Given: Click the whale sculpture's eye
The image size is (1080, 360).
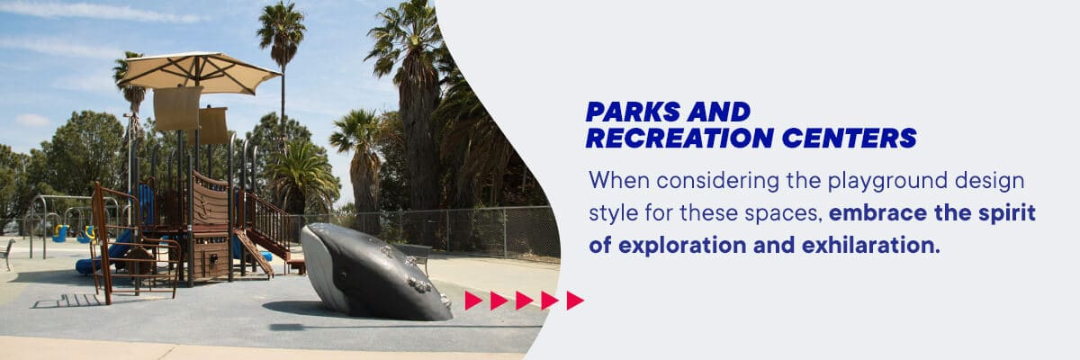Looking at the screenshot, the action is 343,275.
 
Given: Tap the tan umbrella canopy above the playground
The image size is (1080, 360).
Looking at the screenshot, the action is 199,72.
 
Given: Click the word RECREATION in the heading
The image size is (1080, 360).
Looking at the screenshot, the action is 679,138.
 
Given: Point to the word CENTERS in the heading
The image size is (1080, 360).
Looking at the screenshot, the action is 849,138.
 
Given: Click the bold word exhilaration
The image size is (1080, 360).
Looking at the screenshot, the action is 871,245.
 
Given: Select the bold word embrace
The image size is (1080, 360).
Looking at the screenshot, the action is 877,213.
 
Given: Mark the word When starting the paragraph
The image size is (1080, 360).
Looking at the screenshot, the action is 619,181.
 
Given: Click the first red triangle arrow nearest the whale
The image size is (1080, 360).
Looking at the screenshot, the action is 473,301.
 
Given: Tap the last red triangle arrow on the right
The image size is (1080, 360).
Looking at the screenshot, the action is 575,301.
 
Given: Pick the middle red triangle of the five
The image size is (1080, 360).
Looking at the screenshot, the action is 524,301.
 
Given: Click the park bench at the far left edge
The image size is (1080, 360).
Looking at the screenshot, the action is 7,253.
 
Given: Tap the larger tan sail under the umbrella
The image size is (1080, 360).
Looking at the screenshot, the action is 177,108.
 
